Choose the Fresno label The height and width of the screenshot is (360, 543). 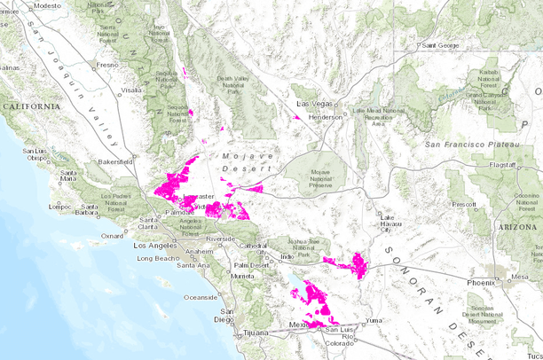click(107, 65)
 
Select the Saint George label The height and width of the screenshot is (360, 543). click(439, 44)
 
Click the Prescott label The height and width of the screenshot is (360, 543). click(463, 203)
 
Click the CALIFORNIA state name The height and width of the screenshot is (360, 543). click(30, 106)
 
